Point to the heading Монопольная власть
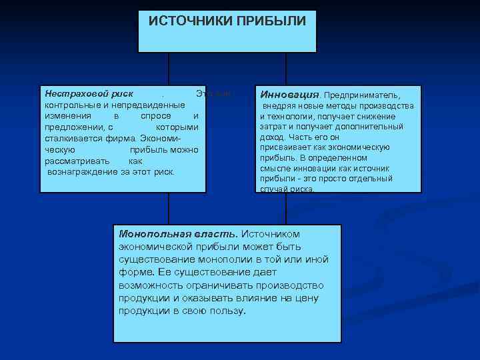tap(177, 234)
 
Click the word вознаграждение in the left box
tap(83, 171)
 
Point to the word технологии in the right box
tap(295, 116)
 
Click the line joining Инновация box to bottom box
tap(286, 209)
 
